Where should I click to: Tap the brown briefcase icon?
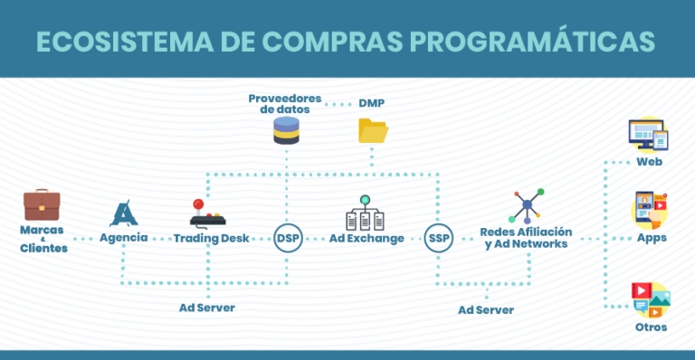pos(42,204)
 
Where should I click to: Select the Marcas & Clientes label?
pos(43,239)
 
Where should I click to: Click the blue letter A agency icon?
pos(123,213)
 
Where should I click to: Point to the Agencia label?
pos(124,238)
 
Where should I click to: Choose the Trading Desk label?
pos(211,238)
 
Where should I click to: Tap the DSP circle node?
pos(288,239)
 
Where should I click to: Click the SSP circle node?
pos(438,239)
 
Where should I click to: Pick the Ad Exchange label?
pos(366,238)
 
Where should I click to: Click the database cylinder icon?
pos(286,132)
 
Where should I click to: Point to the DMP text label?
pos(371,102)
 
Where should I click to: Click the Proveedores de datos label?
pos(284,102)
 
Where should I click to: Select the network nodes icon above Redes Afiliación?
pos(526,206)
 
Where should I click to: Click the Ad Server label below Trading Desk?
pos(206,308)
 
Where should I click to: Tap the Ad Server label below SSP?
pos(485,309)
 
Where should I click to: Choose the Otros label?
pos(651,327)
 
